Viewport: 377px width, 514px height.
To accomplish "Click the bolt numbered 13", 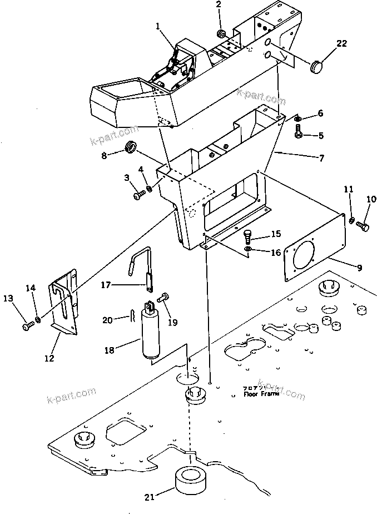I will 27,327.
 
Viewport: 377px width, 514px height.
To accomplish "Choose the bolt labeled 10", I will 363,226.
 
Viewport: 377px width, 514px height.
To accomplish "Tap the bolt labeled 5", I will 299,135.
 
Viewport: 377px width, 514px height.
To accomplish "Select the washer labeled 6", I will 298,118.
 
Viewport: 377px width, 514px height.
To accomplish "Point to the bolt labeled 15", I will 248,235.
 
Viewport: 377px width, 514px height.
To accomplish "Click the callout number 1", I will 158,26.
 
